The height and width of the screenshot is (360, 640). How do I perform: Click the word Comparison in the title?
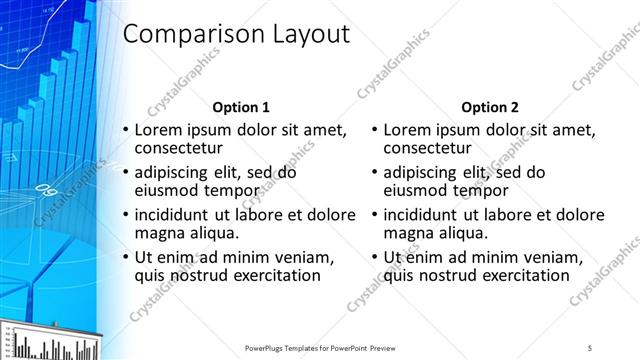tap(189, 35)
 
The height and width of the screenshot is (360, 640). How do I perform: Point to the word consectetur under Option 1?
tap(179, 149)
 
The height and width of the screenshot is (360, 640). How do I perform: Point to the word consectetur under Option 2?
tap(428, 149)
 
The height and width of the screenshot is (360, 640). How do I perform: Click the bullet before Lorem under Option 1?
tap(125, 131)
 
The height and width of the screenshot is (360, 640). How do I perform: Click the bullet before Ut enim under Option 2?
tap(374, 257)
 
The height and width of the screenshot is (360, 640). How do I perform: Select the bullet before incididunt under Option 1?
tap(125, 215)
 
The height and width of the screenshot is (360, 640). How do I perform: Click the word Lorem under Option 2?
tap(406, 130)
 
